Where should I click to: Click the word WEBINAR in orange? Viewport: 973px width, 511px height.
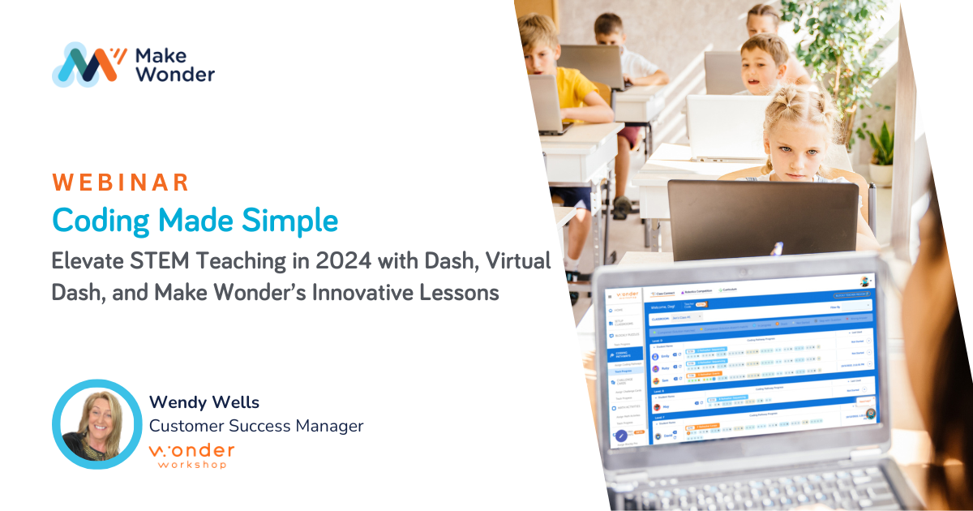point(121,182)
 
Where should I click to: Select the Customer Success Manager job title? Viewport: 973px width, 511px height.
point(256,426)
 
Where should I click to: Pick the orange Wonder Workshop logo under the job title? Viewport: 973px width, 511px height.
point(191,455)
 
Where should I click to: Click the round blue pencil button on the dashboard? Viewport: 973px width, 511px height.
point(622,434)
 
